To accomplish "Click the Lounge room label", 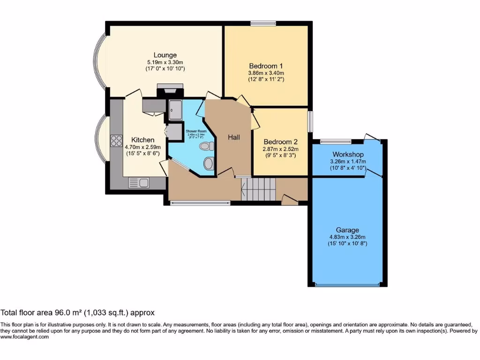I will (x=165, y=55).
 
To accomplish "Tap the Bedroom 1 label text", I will (x=266, y=66).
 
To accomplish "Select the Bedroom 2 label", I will (x=280, y=142).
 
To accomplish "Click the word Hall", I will (x=234, y=137).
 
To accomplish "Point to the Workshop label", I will (x=348, y=154).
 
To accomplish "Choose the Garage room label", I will (x=347, y=230).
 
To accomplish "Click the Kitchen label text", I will (x=142, y=140).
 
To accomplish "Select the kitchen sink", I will (x=139, y=183).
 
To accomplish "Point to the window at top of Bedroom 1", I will (x=262, y=23).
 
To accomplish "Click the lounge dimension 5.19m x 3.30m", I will (x=165, y=62).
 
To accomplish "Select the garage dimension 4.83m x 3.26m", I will (x=347, y=237).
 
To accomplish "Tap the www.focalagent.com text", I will (x=24, y=337).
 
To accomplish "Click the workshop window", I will (x=336, y=141).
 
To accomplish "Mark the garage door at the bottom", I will (x=347, y=285).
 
